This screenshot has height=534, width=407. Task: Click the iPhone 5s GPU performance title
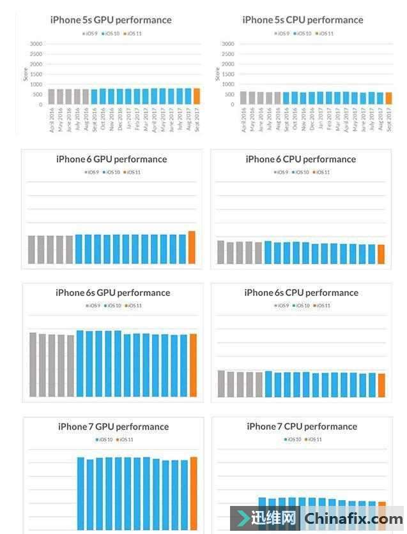[111, 20]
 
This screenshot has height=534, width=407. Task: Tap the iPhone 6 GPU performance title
[111, 159]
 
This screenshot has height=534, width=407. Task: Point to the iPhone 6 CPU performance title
[300, 159]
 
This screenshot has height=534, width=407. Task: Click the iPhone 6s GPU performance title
[112, 293]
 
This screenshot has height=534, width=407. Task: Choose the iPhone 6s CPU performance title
[301, 293]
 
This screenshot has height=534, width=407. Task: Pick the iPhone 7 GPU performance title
[113, 426]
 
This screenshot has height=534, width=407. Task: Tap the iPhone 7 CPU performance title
[302, 426]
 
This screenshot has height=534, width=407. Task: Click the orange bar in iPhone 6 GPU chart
[192, 248]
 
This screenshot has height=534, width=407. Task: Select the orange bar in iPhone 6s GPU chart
[193, 365]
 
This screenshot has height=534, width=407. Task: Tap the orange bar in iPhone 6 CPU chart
[381, 255]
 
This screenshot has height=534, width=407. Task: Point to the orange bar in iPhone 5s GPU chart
[197, 96]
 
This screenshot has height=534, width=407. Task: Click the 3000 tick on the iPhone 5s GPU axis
[36, 44]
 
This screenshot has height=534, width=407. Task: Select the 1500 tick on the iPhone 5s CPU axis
[227, 74]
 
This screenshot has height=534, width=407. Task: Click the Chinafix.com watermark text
[353, 519]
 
